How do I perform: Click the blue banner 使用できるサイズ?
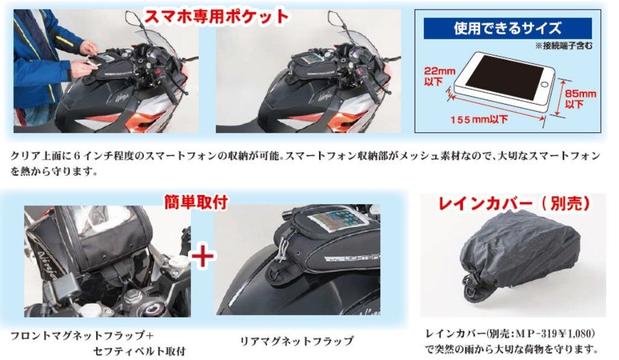pyautogui.click(x=508, y=28)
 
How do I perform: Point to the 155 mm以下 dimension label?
pyautogui.click(x=479, y=118)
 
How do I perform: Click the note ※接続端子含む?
pyautogui.click(x=564, y=46)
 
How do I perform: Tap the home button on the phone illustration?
pyautogui.click(x=545, y=84)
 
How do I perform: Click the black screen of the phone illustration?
pyautogui.click(x=504, y=77)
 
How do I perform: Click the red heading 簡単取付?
pyautogui.click(x=196, y=202)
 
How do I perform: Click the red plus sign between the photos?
pyautogui.click(x=203, y=256)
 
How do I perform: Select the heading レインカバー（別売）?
pyautogui.click(x=514, y=204)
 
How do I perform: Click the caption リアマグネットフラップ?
pyautogui.click(x=296, y=341)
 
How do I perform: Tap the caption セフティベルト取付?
pyautogui.click(x=139, y=351)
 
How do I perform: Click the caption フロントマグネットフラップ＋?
pyautogui.click(x=82, y=336)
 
